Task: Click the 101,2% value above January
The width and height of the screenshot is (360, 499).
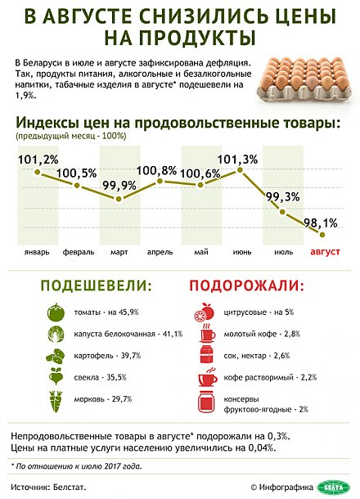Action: point(38,159)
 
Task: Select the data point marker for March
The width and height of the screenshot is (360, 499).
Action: point(119,199)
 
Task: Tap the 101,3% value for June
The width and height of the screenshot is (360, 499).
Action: point(240,159)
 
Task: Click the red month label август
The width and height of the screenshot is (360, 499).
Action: point(326,253)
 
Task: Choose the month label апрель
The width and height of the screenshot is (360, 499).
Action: point(160,253)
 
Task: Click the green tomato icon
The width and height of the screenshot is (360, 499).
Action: point(55,312)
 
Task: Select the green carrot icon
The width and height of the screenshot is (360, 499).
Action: point(55,401)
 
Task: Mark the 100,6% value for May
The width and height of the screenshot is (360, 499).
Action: point(200,173)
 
